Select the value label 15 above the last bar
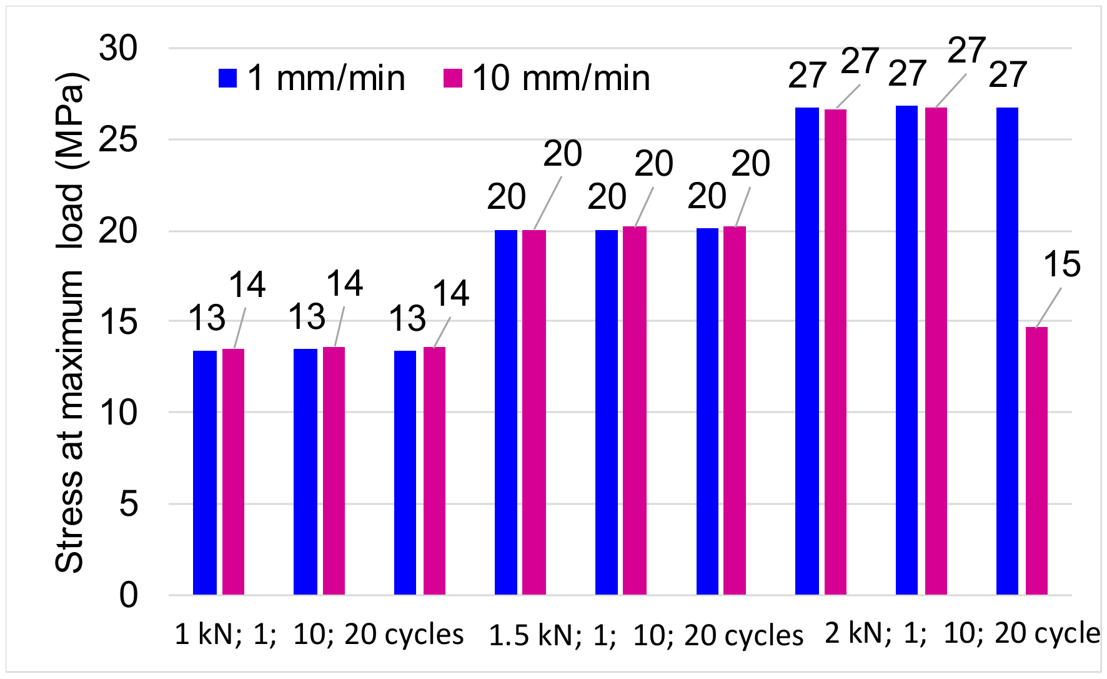[1061, 264]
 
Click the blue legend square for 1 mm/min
[227, 78]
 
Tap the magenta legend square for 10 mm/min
[452, 78]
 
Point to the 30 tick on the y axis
[119, 48]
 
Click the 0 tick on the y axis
[128, 595]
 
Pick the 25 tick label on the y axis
[119, 139]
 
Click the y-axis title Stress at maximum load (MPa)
[70, 322]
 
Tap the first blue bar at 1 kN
[205, 473]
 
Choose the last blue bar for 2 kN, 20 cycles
[1007, 350]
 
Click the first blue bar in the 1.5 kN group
[506, 413]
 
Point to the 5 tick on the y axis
[128, 504]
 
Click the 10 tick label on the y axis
[119, 413]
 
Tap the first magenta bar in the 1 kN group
[233, 471]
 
